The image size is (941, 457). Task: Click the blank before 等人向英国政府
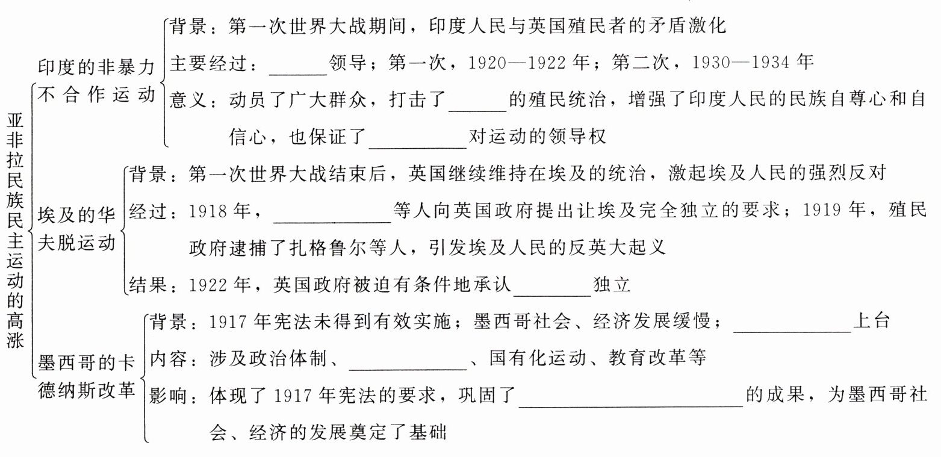click(x=332, y=217)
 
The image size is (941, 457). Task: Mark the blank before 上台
click(x=793, y=326)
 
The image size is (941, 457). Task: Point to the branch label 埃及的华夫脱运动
click(x=76, y=229)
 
